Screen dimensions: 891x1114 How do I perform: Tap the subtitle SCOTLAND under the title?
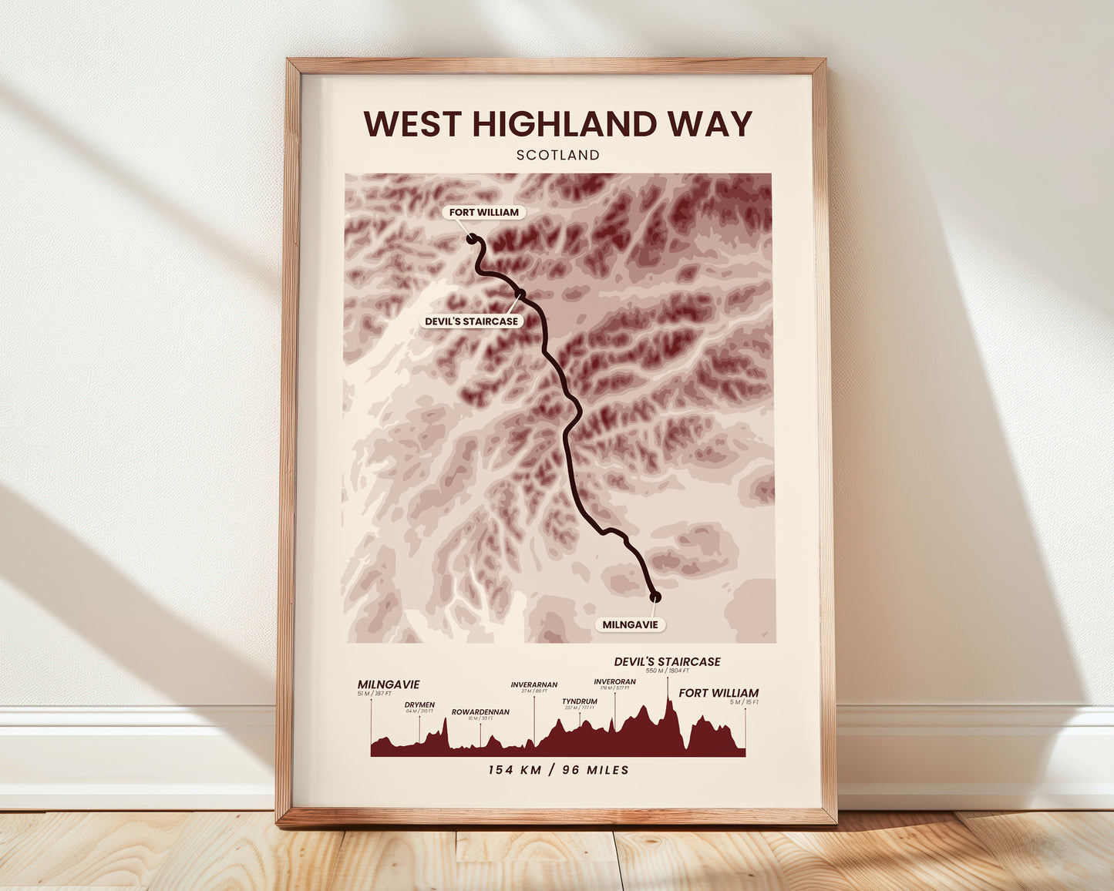tap(558, 155)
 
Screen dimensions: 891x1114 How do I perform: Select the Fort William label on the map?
tap(484, 212)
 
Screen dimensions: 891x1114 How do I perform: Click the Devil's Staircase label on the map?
tap(472, 321)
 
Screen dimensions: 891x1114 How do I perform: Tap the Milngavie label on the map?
tap(630, 624)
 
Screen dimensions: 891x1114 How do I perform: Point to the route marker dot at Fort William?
tap(471, 240)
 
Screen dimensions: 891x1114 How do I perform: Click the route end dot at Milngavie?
tap(655, 596)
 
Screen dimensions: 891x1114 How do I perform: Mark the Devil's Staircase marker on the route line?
tap(521, 293)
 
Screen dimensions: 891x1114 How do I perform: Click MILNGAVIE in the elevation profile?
tap(389, 684)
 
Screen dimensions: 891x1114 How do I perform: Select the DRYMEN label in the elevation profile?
tap(419, 704)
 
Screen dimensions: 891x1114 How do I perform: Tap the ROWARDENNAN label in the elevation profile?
tap(480, 712)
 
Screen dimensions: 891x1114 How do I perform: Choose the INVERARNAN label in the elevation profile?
tap(533, 684)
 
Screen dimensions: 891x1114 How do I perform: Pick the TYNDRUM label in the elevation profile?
tap(580, 701)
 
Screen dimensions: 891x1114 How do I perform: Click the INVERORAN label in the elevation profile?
tap(614, 681)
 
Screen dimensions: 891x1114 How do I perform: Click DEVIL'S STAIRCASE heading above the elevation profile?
tap(667, 661)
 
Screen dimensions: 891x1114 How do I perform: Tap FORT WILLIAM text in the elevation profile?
tap(719, 693)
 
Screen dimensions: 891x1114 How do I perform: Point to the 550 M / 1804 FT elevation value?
tap(668, 671)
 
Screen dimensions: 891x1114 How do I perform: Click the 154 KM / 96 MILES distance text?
tap(558, 770)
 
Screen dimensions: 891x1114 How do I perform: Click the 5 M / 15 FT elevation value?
tap(745, 702)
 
